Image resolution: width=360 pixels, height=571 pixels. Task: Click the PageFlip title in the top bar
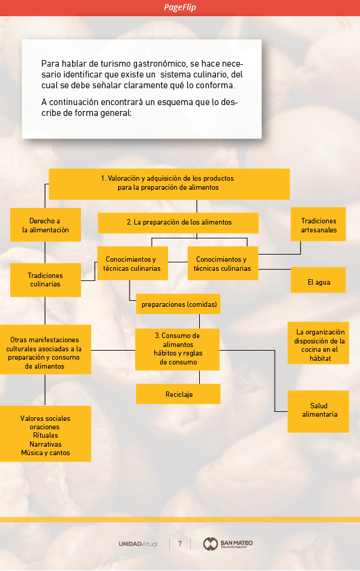click(x=180, y=7)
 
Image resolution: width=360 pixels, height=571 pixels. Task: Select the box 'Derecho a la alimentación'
click(x=46, y=225)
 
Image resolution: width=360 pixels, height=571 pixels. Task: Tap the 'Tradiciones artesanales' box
click(x=319, y=225)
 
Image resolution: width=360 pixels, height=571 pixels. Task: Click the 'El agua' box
click(x=319, y=282)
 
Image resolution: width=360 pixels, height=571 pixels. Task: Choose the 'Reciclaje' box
click(x=179, y=394)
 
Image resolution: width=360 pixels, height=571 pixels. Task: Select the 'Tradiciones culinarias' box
click(x=46, y=280)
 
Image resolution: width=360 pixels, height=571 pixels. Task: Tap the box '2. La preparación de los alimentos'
click(x=179, y=222)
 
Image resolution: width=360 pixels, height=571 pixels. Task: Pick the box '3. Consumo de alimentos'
click(x=177, y=349)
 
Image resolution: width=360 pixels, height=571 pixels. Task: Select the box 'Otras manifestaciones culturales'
click(x=46, y=352)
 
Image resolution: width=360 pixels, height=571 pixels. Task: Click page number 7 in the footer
click(x=179, y=544)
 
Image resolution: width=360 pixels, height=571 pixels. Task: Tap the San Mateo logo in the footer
click(x=228, y=544)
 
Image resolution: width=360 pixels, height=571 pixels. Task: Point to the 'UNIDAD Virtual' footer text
click(x=138, y=544)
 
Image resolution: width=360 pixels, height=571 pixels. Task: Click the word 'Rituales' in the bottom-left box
click(x=46, y=435)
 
